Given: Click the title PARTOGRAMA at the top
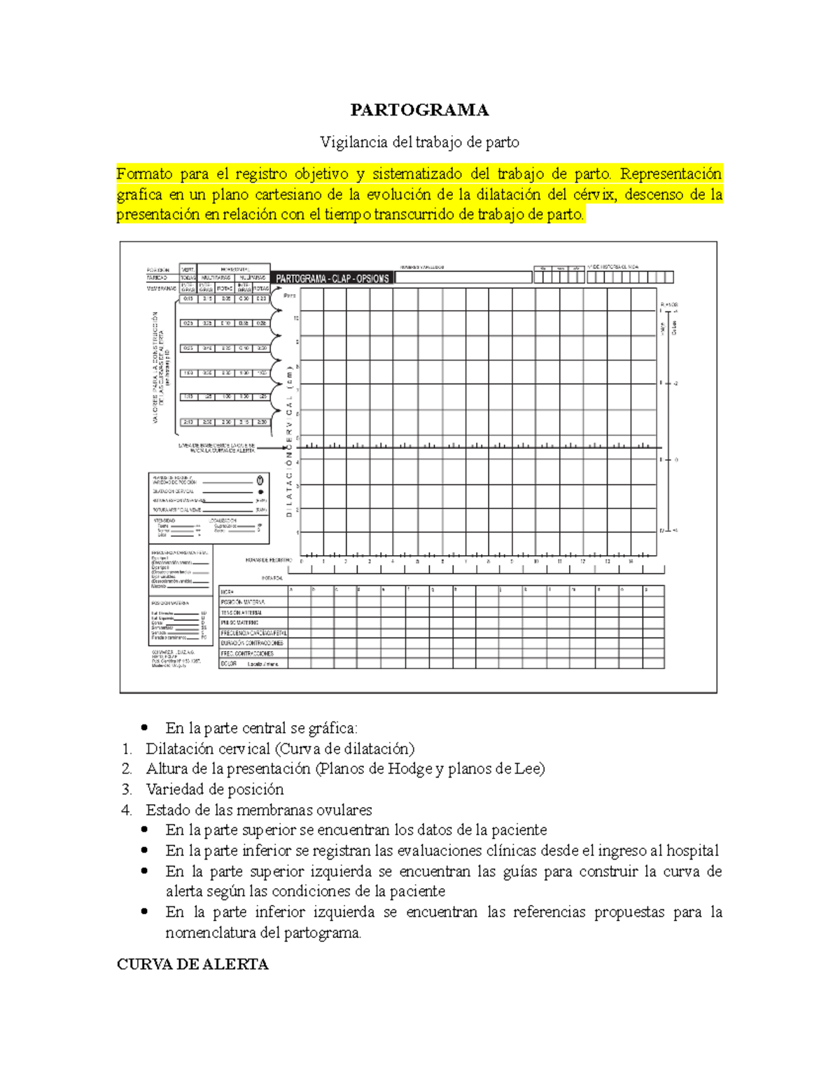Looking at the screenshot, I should pos(419,110).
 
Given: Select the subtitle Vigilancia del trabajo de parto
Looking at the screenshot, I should pos(419,142).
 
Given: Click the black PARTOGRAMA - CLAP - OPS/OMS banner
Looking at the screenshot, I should pos(332,279).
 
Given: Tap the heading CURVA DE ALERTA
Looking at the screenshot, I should pos(192,964).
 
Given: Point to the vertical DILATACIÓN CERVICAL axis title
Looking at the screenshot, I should pos(289,441).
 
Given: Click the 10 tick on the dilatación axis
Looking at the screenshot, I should pos(297,318).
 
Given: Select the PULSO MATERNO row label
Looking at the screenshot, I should pos(239,622).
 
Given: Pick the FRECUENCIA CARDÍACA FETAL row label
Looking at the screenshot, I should pos(253,633).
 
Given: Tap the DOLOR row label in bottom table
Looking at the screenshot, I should pos(229,664).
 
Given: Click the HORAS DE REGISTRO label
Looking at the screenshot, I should pos(269,561).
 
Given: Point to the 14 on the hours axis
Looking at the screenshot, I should pos(631,561).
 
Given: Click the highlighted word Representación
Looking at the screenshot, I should pos(671,174).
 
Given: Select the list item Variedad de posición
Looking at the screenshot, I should pos(214,790).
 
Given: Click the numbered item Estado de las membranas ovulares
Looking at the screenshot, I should pos(258,810).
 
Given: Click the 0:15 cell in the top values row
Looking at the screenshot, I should pos(188,299).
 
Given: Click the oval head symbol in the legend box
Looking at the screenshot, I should pos(260,480).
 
